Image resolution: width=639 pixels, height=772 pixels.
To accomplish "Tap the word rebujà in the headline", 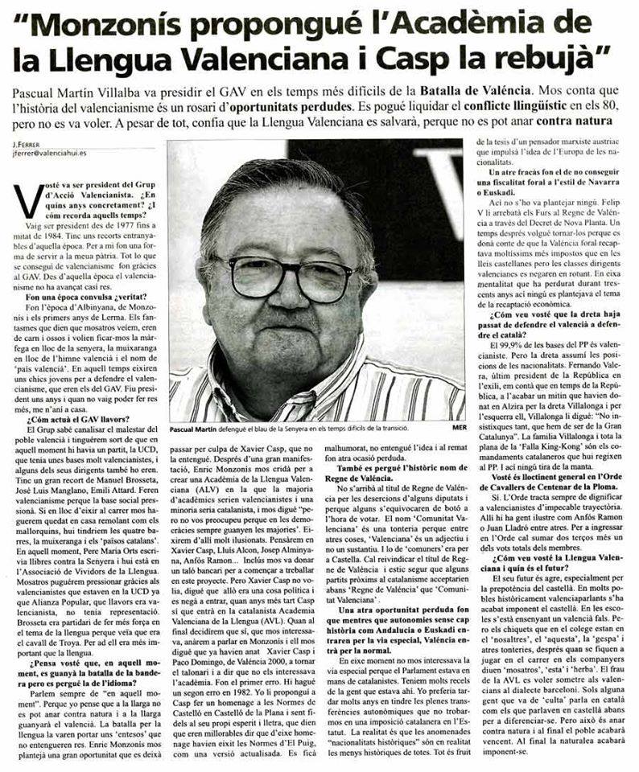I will pos(540,59).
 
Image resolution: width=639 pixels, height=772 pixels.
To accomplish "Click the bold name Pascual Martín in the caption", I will pos(199,429).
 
